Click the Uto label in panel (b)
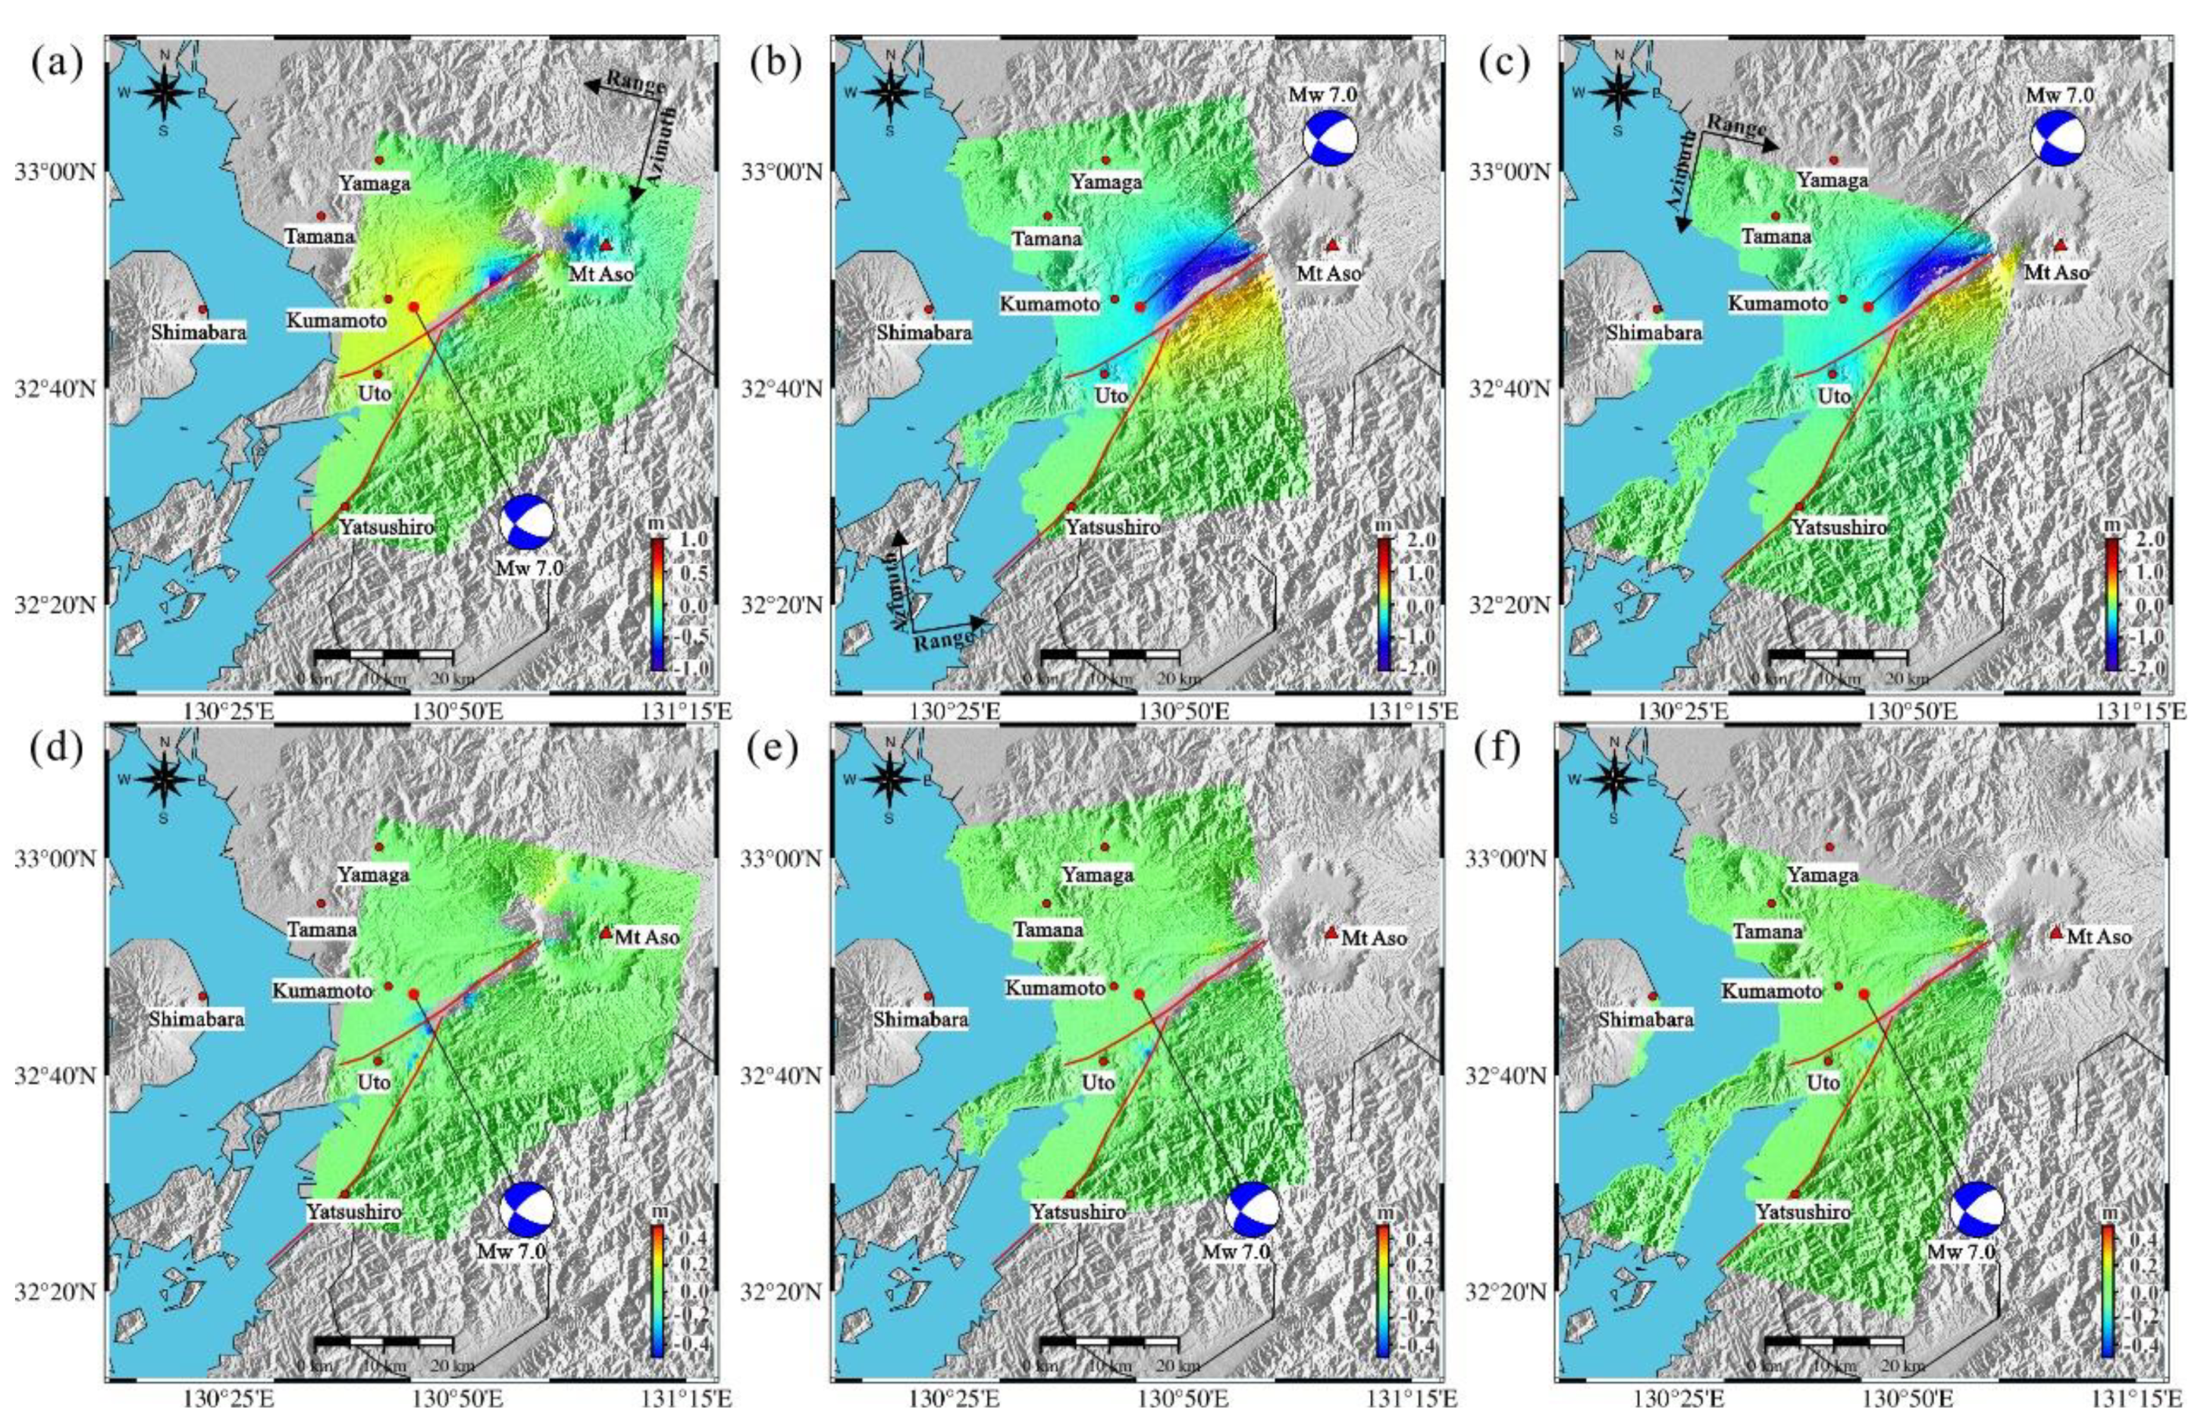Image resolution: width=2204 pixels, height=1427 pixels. pos(1111,396)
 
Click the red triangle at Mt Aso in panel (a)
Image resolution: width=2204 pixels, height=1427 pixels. pos(606,246)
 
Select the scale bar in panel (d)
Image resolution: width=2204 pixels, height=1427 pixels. pos(384,1341)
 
